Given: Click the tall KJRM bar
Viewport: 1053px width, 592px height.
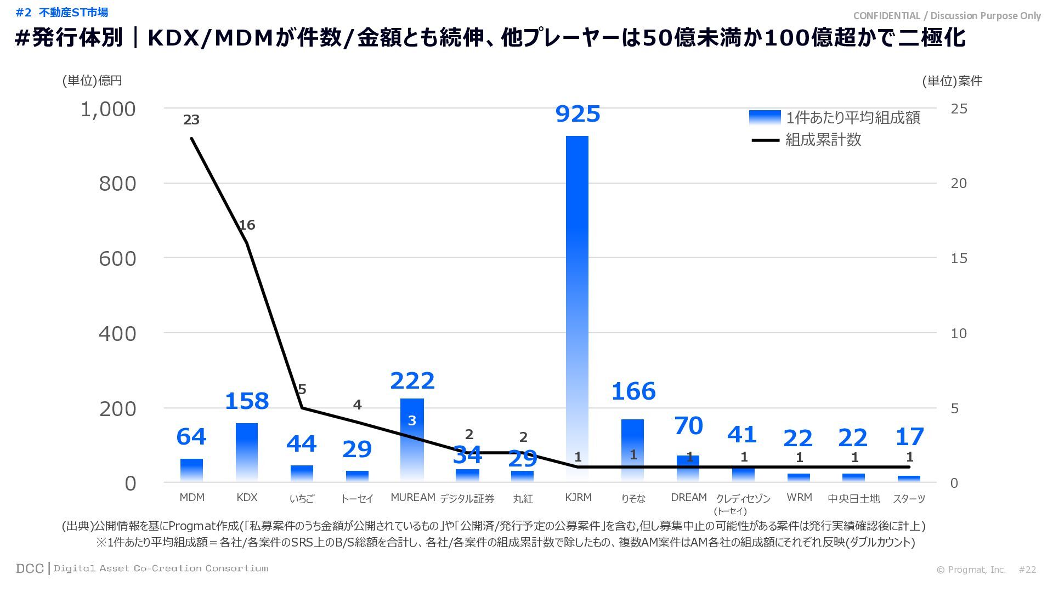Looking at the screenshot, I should click(x=577, y=307).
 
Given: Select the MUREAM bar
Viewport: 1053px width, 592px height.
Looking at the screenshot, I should click(x=412, y=439).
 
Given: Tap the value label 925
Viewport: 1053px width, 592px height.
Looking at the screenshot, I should click(x=578, y=114).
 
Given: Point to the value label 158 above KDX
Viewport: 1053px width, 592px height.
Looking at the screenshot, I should click(x=247, y=401).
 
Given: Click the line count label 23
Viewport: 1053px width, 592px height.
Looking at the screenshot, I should click(x=191, y=119).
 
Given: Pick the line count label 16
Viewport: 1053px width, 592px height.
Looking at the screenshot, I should click(x=247, y=225).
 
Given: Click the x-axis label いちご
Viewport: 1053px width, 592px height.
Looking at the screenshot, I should click(x=302, y=498).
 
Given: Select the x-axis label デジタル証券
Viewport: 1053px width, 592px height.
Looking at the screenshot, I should click(x=467, y=498).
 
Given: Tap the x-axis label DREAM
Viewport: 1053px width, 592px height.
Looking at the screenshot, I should click(x=688, y=498).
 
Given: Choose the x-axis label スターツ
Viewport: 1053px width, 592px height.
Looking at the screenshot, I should click(x=909, y=498).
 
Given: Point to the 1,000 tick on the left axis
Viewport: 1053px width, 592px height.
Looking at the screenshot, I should click(x=108, y=110).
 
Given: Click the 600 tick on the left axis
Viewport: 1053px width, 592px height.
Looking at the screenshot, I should click(x=117, y=259).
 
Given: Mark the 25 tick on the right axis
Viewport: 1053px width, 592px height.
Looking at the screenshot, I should click(x=959, y=109).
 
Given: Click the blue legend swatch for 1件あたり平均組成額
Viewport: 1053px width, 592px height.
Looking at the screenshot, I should click(x=765, y=117).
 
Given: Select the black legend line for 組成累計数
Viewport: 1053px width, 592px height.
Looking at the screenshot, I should click(x=765, y=140).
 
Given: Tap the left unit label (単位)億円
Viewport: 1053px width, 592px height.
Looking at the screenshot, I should click(x=92, y=81).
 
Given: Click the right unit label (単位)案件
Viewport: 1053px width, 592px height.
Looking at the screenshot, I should click(x=952, y=81).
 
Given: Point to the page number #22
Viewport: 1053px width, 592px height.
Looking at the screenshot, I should click(x=1027, y=570).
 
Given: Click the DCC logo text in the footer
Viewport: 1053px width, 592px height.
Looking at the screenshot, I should click(x=30, y=568).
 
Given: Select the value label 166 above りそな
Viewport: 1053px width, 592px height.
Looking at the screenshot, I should click(x=633, y=391).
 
